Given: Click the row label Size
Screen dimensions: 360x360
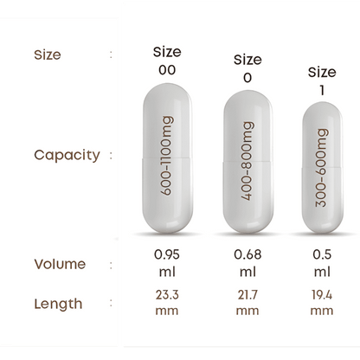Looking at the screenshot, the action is coord(48,55).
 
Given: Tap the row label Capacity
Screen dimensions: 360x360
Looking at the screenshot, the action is coord(67,155).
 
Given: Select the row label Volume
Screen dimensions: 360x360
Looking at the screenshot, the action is coord(60,264).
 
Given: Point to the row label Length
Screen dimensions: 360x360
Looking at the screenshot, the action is coord(58,305).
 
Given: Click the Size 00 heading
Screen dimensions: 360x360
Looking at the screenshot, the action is coord(167,61).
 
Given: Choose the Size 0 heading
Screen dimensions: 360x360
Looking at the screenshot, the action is coord(247,68).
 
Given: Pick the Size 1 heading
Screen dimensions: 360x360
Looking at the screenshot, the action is coord(322,81).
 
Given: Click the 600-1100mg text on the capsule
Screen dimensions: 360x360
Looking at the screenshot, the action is coord(167,156).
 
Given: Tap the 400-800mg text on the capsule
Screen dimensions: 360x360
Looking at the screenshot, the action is coord(247,161).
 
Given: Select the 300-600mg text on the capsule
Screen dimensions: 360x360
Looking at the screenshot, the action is coord(322,168).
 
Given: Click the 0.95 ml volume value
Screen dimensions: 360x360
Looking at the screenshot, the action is coord(167,263).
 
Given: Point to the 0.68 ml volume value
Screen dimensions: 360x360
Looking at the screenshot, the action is coord(247,263).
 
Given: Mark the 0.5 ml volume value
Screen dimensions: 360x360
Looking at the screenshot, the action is coord(322,263).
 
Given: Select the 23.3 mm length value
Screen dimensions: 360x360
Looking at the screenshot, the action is coord(167,303).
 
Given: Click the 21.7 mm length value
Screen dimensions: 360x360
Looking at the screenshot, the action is coord(247,303).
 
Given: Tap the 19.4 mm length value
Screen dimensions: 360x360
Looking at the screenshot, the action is coord(322,303).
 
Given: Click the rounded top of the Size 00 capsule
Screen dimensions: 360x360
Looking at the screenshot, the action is coord(167,93).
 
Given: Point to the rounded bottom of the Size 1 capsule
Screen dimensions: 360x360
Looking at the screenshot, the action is coord(323,224).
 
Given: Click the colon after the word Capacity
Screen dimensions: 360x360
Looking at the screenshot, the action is coord(111,155).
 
